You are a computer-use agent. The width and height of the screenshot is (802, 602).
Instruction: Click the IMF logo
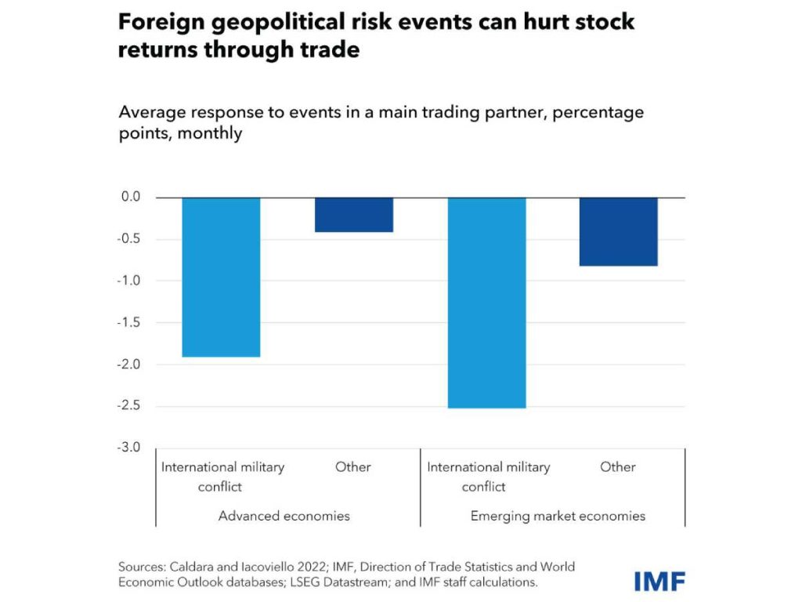pos(659,581)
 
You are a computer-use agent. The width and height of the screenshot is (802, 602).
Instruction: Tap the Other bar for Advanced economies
pos(353,215)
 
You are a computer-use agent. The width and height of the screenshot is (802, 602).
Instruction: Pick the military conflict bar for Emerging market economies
pos(486,303)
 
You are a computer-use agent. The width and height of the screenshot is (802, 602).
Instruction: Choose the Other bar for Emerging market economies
pos(618,232)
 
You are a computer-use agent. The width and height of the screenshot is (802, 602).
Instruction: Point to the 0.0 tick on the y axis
pos(130,197)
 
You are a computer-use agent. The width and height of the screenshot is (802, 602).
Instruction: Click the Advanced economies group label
pos(284,516)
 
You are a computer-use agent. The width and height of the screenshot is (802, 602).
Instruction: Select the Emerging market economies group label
pos(558,516)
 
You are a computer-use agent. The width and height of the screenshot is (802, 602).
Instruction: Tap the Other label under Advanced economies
pos(353,467)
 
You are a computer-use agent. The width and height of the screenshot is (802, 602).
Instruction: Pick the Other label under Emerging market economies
pos(618,467)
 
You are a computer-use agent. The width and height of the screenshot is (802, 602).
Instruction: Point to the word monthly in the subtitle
pos(209,133)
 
